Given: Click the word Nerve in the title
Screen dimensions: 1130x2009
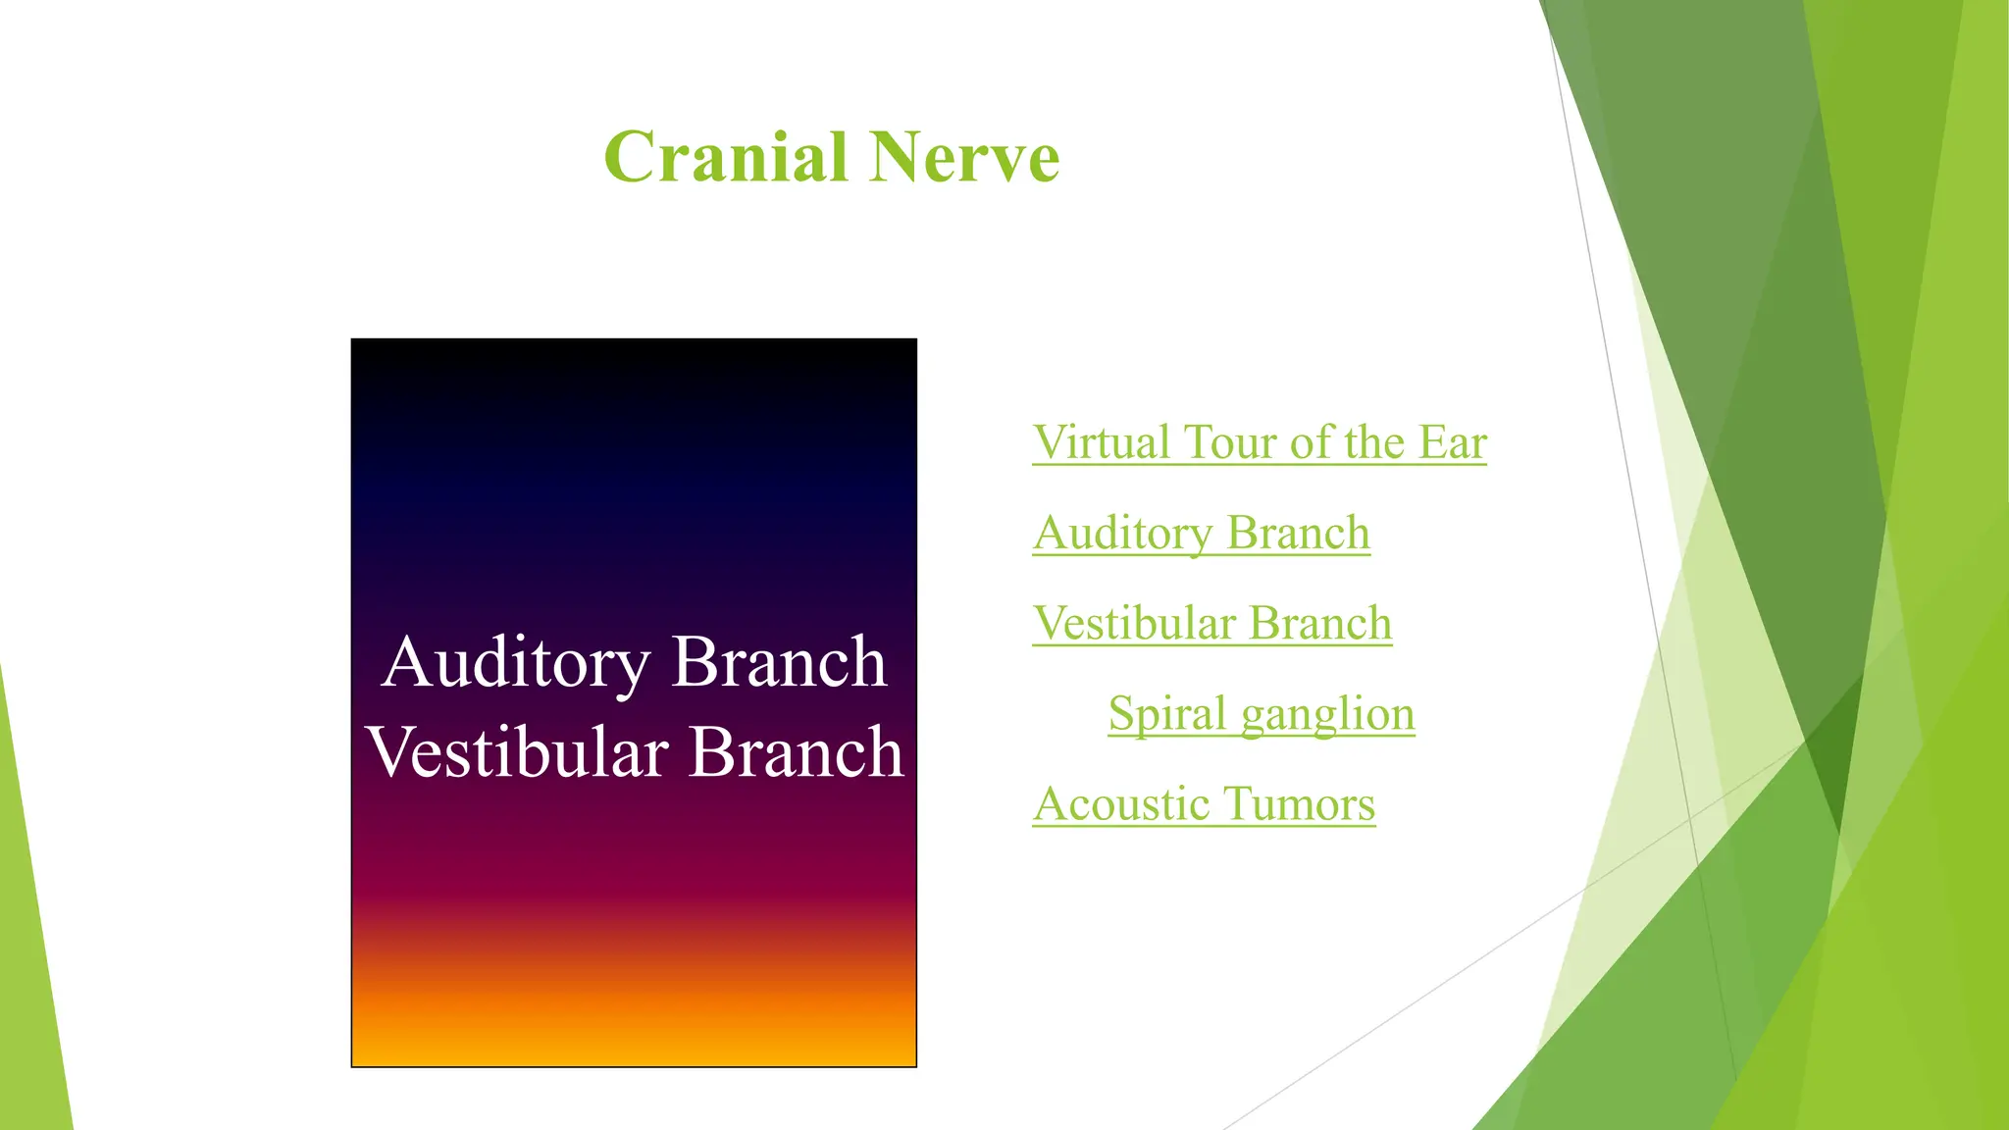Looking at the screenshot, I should [x=963, y=157].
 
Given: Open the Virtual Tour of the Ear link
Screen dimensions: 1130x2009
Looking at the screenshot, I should [x=1260, y=442].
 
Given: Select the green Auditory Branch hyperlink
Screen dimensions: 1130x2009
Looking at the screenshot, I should [x=1201, y=534].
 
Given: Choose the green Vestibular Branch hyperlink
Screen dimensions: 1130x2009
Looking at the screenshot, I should [x=1212, y=624].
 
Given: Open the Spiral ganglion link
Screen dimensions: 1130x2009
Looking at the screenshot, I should [x=1262, y=714].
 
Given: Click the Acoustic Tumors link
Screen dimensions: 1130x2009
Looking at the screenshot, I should [x=1204, y=804].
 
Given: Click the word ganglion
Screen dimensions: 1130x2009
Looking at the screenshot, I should [x=1327, y=714].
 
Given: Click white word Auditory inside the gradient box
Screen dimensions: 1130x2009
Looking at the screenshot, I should [x=516, y=663].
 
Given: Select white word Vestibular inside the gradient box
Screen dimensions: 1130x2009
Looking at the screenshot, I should [x=518, y=753].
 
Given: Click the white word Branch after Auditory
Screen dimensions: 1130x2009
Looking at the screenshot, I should [x=780, y=663].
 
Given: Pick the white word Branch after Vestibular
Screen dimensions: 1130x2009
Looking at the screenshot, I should [x=796, y=753].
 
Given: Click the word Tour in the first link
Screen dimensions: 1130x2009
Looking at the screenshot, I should [x=1232, y=442].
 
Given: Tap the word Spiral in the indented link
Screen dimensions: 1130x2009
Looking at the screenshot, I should [x=1167, y=714].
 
